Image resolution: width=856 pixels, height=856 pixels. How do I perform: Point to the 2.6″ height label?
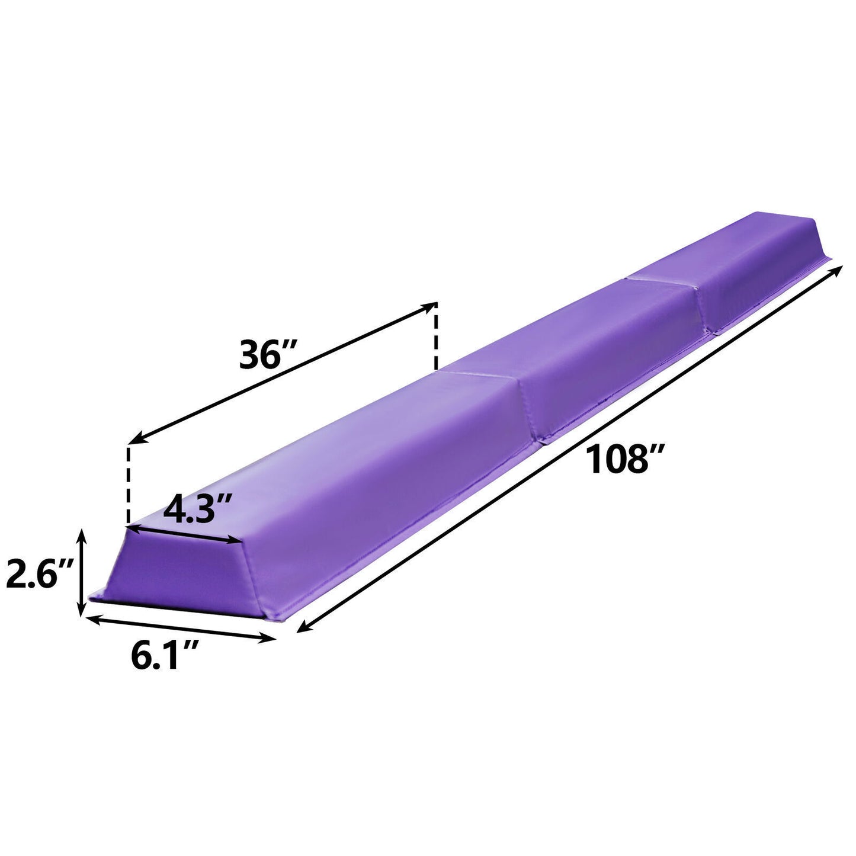[39, 575]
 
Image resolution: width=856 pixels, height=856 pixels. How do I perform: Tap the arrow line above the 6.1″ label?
[181, 628]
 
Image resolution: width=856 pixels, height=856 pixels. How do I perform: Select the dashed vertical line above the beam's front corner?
[127, 483]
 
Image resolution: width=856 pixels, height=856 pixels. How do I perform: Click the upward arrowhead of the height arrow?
[82, 535]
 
